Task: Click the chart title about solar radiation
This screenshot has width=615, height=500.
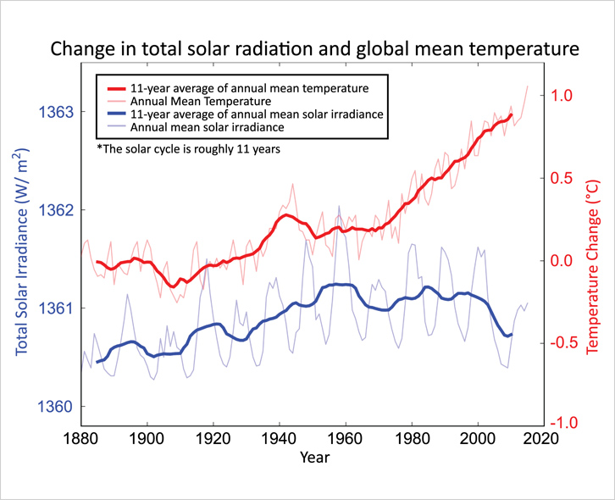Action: [313, 49]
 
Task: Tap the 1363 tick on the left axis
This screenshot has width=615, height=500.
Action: [56, 112]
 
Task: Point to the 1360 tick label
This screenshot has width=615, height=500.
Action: [56, 407]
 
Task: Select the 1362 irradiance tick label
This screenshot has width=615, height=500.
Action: [56, 210]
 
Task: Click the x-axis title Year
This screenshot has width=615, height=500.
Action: [314, 458]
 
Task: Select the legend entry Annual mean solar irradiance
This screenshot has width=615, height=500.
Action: [207, 127]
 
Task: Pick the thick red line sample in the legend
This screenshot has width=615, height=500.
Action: [114, 87]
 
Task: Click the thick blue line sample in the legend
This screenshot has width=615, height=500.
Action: [114, 114]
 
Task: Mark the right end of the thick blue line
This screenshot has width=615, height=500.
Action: [512, 334]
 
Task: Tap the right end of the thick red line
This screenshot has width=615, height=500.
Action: [512, 114]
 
